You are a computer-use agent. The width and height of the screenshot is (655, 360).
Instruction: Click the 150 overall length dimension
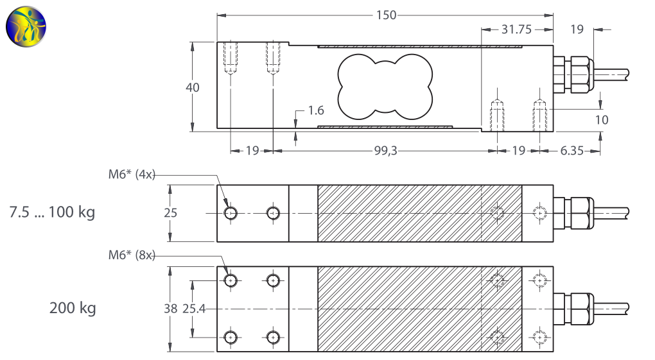[x=386, y=15]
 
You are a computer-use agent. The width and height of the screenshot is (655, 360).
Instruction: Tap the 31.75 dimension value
[x=516, y=29]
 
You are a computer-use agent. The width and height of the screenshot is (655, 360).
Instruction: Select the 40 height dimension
[x=193, y=87]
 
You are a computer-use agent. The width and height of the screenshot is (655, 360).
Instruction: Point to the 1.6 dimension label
[x=315, y=110]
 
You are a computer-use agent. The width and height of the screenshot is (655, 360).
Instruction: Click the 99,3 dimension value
[x=385, y=150]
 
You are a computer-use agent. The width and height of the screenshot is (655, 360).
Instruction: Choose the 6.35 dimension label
[x=572, y=150]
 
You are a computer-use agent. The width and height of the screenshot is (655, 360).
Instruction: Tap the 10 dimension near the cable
[x=602, y=119]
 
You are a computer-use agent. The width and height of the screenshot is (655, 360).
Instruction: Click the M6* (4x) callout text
[x=132, y=175]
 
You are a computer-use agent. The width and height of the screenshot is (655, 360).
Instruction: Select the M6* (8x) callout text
[x=132, y=255]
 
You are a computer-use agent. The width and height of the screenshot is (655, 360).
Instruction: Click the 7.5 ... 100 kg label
[x=52, y=212]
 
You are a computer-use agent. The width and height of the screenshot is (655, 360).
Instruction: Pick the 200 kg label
[x=73, y=308]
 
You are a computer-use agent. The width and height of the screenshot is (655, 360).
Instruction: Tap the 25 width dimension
[x=170, y=213]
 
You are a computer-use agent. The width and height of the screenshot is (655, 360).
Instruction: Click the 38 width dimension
[x=170, y=309]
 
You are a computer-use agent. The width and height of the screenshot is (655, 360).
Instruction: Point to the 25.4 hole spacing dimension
[x=193, y=309]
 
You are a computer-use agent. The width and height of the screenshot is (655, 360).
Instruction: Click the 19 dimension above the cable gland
[x=577, y=29]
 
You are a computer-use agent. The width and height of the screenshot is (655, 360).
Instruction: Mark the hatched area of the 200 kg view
[x=398, y=309]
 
